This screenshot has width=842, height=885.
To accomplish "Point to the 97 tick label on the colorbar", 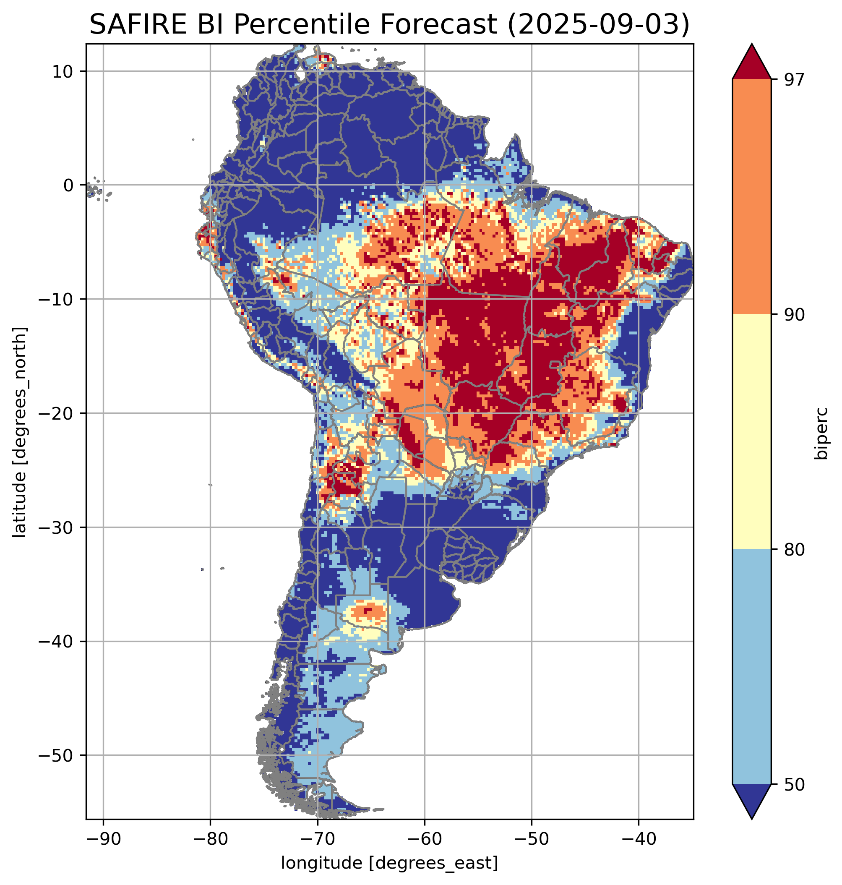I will point(795,79).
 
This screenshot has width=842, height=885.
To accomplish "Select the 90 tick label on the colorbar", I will point(795,315).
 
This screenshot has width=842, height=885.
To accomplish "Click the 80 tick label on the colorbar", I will point(795,550).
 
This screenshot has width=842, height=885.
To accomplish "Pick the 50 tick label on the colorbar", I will point(795,785).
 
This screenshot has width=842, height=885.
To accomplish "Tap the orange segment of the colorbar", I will point(752,197).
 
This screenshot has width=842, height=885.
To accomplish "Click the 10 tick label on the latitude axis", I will point(63,72).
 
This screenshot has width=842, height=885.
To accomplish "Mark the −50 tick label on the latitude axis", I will point(57,756).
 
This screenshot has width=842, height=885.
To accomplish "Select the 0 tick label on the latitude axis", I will point(69,185).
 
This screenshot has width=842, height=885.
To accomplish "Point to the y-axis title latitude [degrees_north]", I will point(20,432).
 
